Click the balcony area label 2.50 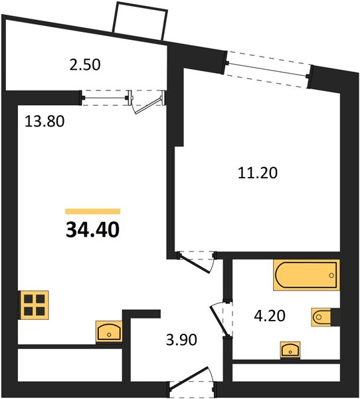pos(85,65)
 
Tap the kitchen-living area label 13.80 pos(45,121)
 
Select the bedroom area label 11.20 pos(258,174)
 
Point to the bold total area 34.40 pos(92,230)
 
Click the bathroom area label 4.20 pos(270,316)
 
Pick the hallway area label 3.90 pos(181,340)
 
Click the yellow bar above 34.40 pos(93,211)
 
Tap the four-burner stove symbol pos(35,305)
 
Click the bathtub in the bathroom pos(306,275)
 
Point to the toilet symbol pos(321,317)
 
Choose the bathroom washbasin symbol pos(290,350)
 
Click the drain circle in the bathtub pos(331,275)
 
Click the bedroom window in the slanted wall pos(268,69)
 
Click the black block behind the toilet pos(335,317)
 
